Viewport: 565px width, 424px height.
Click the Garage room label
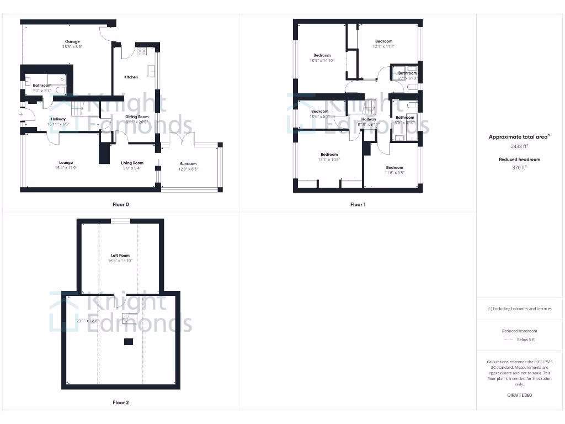point(72,41)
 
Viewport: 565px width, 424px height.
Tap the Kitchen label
point(131,77)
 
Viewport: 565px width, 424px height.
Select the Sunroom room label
point(188,164)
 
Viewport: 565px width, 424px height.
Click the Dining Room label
point(137,117)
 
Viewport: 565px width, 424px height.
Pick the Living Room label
point(132,163)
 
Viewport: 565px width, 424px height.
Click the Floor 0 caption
point(121,205)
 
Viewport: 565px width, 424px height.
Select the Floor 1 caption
point(358,205)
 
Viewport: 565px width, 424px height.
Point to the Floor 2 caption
point(121,403)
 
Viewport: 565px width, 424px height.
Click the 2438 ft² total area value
point(520,147)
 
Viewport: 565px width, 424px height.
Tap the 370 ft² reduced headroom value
point(520,167)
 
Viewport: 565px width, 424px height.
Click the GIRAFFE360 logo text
point(520,395)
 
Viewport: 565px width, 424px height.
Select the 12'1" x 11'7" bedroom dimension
point(383,46)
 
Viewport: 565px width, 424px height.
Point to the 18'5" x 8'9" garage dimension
point(72,47)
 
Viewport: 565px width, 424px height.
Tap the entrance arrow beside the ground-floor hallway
point(21,114)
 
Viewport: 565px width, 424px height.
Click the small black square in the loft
point(129,342)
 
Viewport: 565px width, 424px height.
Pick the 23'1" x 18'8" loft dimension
point(87,321)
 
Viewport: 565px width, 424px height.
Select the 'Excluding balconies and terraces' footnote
point(520,309)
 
